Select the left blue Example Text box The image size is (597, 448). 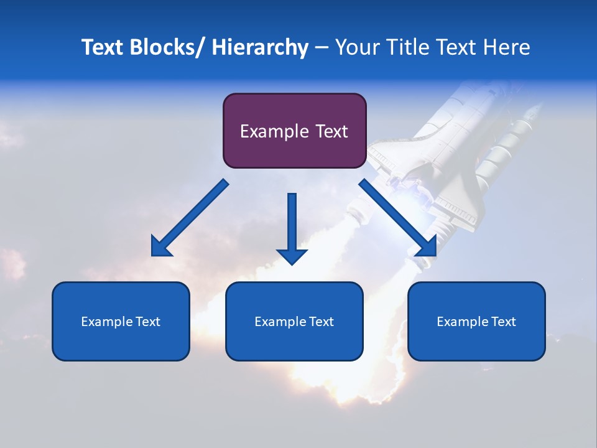click(121, 321)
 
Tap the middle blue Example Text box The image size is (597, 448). click(294, 321)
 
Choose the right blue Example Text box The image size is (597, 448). click(476, 321)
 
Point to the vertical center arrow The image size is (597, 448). click(292, 224)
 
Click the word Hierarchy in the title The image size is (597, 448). click(260, 47)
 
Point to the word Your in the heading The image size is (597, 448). click(357, 47)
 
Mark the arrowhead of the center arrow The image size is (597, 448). click(292, 256)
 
